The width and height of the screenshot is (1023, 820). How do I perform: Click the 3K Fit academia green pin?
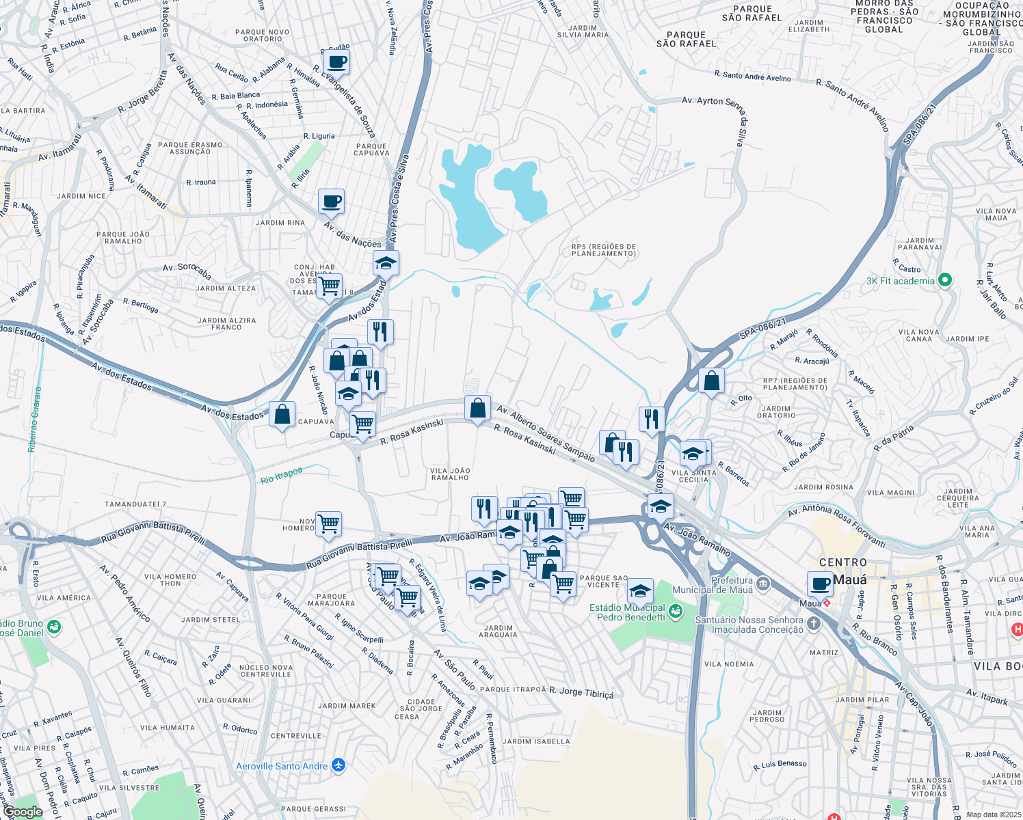coord(945,280)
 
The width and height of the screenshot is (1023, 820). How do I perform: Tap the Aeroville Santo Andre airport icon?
coord(338,765)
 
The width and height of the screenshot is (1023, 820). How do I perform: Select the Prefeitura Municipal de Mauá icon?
coord(763,584)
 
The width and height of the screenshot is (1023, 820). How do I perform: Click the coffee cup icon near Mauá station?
coord(820,583)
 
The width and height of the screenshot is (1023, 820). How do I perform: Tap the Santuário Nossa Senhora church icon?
coord(813,623)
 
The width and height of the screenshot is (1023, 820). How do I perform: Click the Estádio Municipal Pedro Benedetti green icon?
coord(676,612)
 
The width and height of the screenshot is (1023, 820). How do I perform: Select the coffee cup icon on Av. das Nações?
coord(331,202)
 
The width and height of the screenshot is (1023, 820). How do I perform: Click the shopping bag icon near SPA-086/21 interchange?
coord(711,381)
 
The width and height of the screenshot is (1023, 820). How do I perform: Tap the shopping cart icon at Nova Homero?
coord(329,524)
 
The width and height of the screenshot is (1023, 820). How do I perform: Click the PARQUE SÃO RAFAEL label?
coord(686,40)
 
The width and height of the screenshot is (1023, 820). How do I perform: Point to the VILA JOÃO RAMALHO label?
coord(450,474)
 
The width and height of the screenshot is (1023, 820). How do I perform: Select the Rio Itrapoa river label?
coord(281,475)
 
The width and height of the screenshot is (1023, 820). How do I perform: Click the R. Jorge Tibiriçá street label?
coord(581,692)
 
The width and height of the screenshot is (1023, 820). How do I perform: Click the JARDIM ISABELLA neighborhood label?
coord(536,741)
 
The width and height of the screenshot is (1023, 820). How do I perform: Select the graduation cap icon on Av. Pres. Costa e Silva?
coord(386,263)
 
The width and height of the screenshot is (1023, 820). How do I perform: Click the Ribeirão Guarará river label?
coord(35,420)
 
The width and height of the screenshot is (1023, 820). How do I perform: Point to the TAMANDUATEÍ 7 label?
coord(135,504)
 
